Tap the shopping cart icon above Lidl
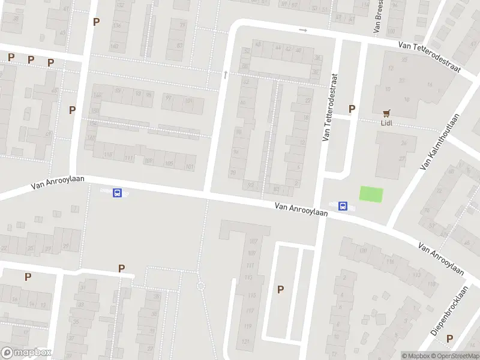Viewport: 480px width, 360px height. pos(386,112)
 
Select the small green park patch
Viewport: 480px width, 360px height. pos(371,194)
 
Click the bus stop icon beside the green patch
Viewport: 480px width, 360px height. pos(343,206)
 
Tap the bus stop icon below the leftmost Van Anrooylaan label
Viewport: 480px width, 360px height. pos(118,193)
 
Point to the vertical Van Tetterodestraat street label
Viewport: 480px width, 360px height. pos(330,108)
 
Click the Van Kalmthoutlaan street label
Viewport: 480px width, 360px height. pos(439,142)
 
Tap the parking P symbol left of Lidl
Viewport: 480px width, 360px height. pos(352,109)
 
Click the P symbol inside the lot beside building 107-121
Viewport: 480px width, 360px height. pos(280,289)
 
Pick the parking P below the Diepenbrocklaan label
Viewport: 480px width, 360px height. pos(449,338)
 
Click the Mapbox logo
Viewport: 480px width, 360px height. pos(26,352)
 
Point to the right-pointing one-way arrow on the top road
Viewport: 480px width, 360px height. pos(303,30)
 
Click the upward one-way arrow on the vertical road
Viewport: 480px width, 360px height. pos(225,74)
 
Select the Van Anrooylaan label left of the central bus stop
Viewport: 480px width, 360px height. pos(302,209)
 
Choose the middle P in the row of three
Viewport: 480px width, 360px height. pos(31,60)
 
